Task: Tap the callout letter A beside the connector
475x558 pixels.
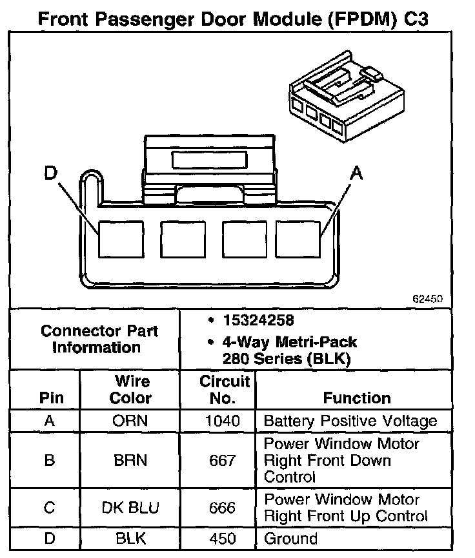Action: click(x=356, y=172)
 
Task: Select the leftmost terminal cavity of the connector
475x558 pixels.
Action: click(x=121, y=238)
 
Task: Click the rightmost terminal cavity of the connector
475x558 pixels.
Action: click(x=299, y=238)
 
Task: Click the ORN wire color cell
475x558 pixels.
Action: click(x=130, y=421)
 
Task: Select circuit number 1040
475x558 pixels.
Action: click(x=223, y=421)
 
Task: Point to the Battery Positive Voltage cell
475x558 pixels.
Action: click(x=350, y=421)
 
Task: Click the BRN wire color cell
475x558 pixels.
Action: click(x=130, y=461)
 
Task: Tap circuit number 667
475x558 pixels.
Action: click(x=223, y=461)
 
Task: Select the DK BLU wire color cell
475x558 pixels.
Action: click(x=130, y=508)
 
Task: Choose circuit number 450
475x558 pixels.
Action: click(x=223, y=538)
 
